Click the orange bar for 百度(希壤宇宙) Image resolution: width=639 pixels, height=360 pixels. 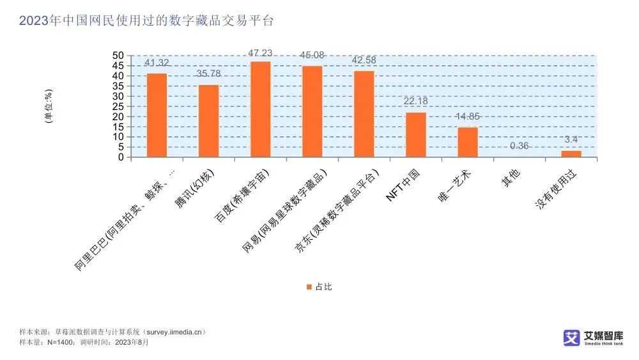click(x=261, y=109)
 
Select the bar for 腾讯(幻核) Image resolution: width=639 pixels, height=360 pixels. click(x=209, y=121)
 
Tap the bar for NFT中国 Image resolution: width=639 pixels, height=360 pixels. click(x=416, y=134)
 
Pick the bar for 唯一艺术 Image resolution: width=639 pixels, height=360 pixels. click(x=468, y=142)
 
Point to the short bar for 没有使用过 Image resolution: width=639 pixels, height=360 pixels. click(x=571, y=153)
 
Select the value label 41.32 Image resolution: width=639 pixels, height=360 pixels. click(x=157, y=63)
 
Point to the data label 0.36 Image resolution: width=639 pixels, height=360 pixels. click(x=520, y=146)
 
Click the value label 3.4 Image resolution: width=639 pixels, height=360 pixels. click(x=571, y=139)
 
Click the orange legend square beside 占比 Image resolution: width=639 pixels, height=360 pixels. click(x=309, y=287)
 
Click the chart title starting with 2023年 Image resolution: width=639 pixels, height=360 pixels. click(x=146, y=21)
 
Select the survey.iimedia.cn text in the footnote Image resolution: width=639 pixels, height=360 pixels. click(x=173, y=333)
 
